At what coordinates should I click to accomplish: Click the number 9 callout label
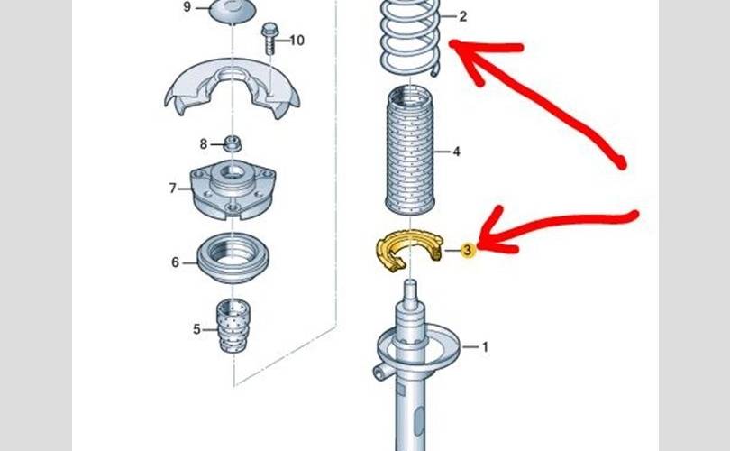point(187,7)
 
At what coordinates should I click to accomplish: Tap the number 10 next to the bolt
point(297,41)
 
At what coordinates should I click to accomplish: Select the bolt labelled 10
point(269,38)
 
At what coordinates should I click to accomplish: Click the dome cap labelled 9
point(233,11)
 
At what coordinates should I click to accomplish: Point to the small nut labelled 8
point(233,143)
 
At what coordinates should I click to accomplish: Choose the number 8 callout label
point(204,144)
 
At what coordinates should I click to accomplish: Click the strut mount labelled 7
point(233,189)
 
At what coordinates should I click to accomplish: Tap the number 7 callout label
point(173,189)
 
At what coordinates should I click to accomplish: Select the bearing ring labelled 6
point(233,257)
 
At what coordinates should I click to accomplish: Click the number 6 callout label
point(175,262)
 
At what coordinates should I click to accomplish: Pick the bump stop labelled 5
point(233,326)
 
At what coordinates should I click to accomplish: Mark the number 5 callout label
point(196,329)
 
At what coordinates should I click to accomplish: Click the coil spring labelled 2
point(410,37)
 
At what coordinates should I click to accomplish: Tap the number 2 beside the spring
point(462,17)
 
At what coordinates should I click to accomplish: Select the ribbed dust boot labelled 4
point(410,151)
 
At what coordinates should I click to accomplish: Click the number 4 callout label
point(456,152)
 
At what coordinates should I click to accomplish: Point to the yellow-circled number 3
point(468,251)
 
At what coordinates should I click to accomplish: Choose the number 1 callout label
point(485,347)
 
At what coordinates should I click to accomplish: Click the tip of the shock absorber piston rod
point(410,281)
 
